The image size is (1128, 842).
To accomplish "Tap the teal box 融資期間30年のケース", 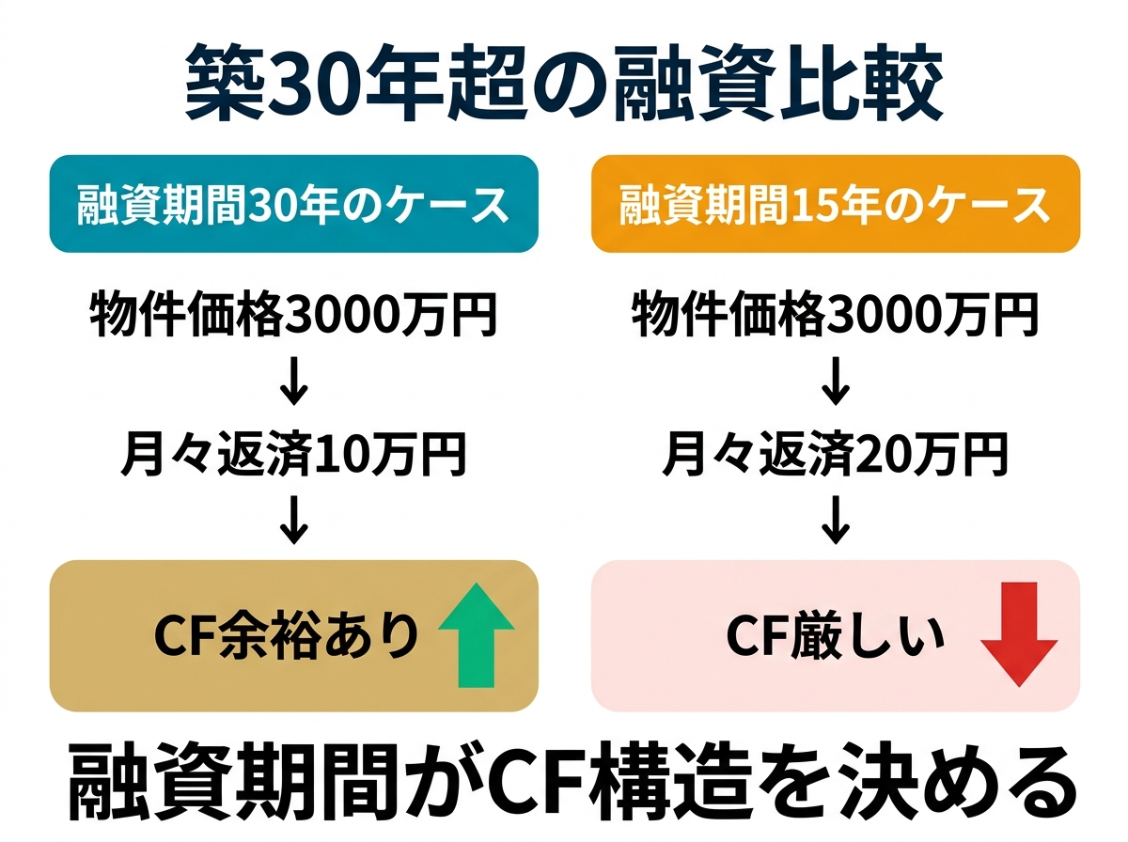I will [x=293, y=204].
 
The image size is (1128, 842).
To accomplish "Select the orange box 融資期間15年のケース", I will [x=835, y=204].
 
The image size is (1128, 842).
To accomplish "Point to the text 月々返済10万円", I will [x=293, y=455].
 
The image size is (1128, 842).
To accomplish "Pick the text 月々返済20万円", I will [x=835, y=455].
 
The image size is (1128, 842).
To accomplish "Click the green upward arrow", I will [x=477, y=635].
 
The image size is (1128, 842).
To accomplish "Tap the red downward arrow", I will [x=1019, y=635].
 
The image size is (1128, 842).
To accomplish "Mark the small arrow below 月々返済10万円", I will [x=294, y=520].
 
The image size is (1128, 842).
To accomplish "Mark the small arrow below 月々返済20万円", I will [x=835, y=520].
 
